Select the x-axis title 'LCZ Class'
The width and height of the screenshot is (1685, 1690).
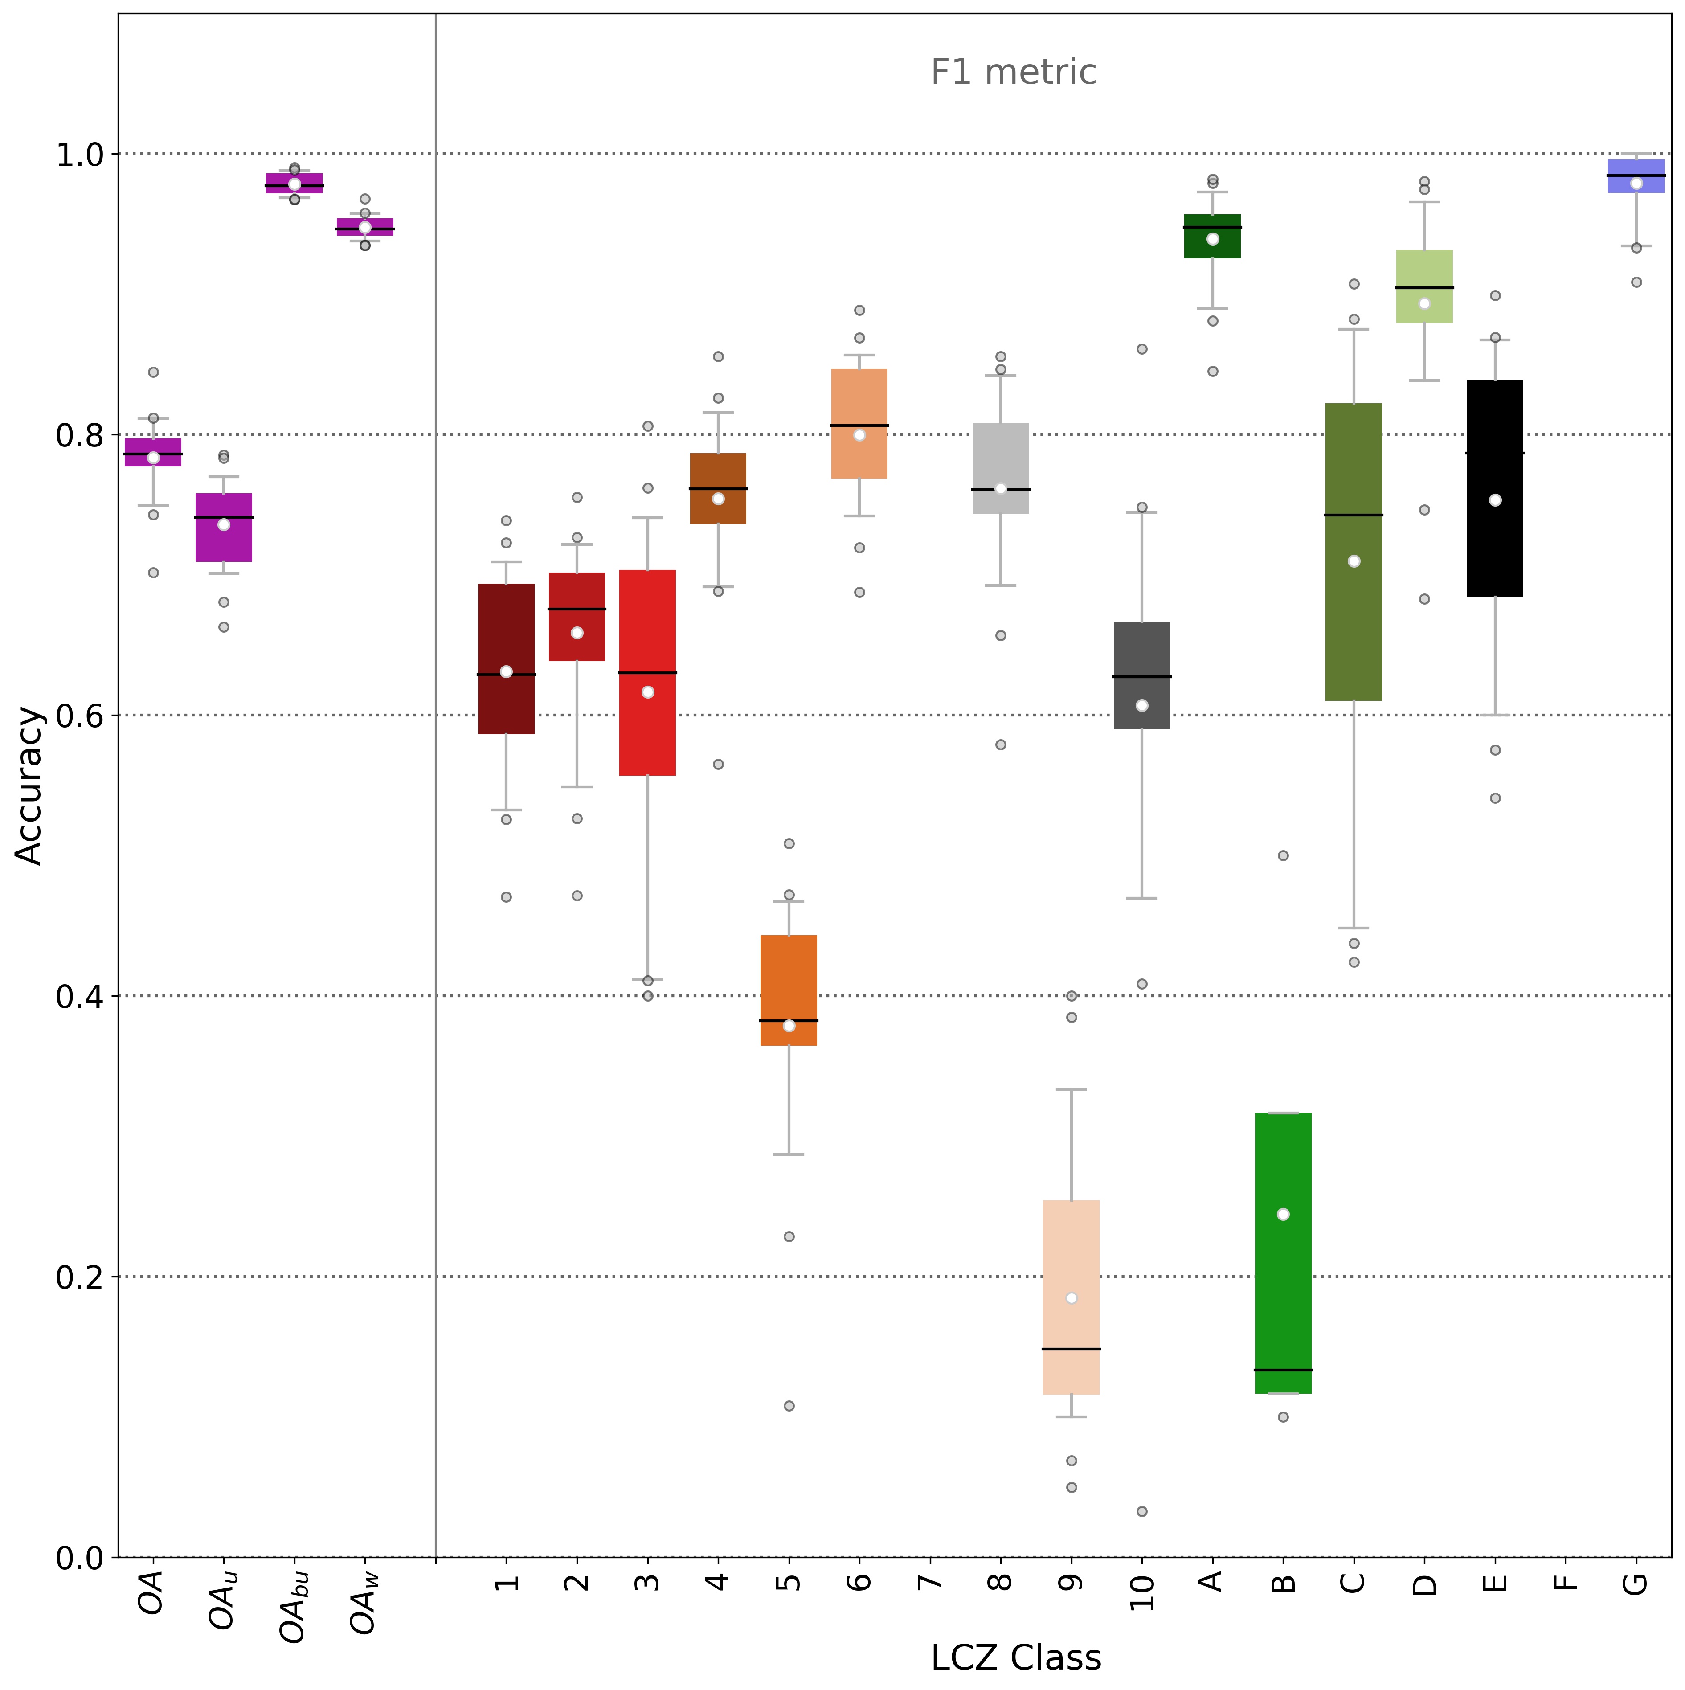1016,1657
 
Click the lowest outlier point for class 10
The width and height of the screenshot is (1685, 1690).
1142,1511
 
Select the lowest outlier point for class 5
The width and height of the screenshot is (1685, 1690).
788,1406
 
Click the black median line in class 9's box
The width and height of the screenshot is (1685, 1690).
1071,1349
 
